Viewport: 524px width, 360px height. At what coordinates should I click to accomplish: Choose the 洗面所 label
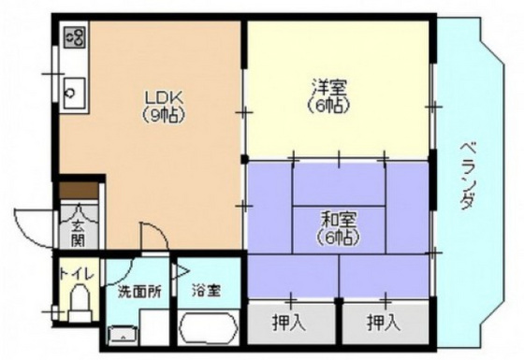138,291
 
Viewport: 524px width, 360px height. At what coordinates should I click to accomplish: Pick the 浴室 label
207,291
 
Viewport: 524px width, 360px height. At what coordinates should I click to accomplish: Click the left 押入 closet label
290,324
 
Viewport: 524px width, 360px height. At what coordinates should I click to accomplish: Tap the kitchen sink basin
72,92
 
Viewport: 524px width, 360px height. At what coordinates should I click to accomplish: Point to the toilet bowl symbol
80,305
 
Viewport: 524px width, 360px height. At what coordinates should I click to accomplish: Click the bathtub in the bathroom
207,330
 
